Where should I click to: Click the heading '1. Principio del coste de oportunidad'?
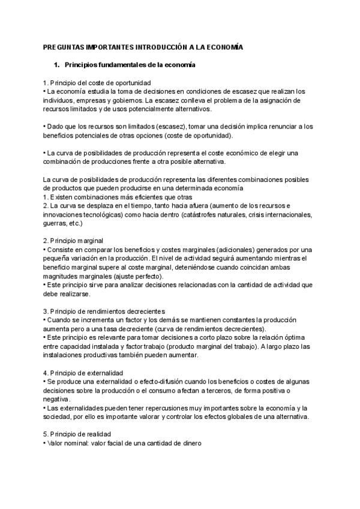pyautogui.click(x=97, y=82)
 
